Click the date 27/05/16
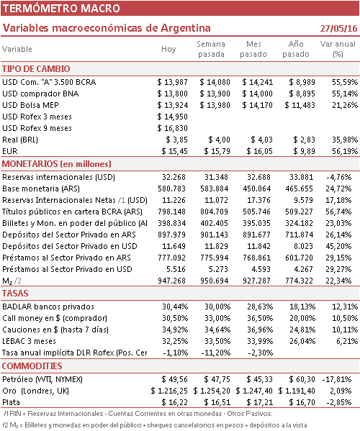tap(338, 28)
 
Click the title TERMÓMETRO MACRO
tap(61, 8)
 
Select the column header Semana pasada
tap(211, 49)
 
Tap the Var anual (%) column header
tap(338, 49)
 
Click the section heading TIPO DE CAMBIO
tap(36, 69)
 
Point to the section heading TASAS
tap(15, 294)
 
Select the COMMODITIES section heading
tap(32, 366)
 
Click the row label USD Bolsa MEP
tap(30, 105)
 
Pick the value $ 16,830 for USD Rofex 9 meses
tap(172, 128)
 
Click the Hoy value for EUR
tap(175, 151)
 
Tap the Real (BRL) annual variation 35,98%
tap(345, 140)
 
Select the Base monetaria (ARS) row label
tap(41, 189)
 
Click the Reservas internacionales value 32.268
tap(174, 177)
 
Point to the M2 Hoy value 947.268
tap(171, 281)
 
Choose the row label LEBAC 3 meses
tap(29, 341)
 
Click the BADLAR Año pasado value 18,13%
tap(302, 307)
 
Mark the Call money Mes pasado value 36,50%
tap(260, 318)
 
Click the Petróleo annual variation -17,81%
tap(337, 379)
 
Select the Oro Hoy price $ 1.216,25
tap(169, 391)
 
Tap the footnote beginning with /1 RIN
tap(138, 414)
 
